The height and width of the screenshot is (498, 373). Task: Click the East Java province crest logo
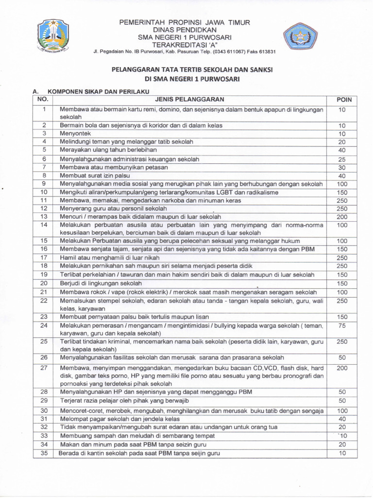click(x=55, y=36)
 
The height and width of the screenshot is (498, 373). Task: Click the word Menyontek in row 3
click(x=75, y=133)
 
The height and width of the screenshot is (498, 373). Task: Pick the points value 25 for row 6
click(x=342, y=159)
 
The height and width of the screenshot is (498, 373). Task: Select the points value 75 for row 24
click(x=342, y=325)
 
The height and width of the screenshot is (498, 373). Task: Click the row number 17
click(x=44, y=258)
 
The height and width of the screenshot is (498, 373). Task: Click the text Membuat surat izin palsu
click(x=92, y=176)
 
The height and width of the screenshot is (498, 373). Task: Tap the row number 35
click(x=44, y=453)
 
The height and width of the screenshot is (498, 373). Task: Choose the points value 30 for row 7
click(x=342, y=167)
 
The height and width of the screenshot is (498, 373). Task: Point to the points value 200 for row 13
click(x=342, y=216)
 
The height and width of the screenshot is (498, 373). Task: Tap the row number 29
click(x=44, y=401)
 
